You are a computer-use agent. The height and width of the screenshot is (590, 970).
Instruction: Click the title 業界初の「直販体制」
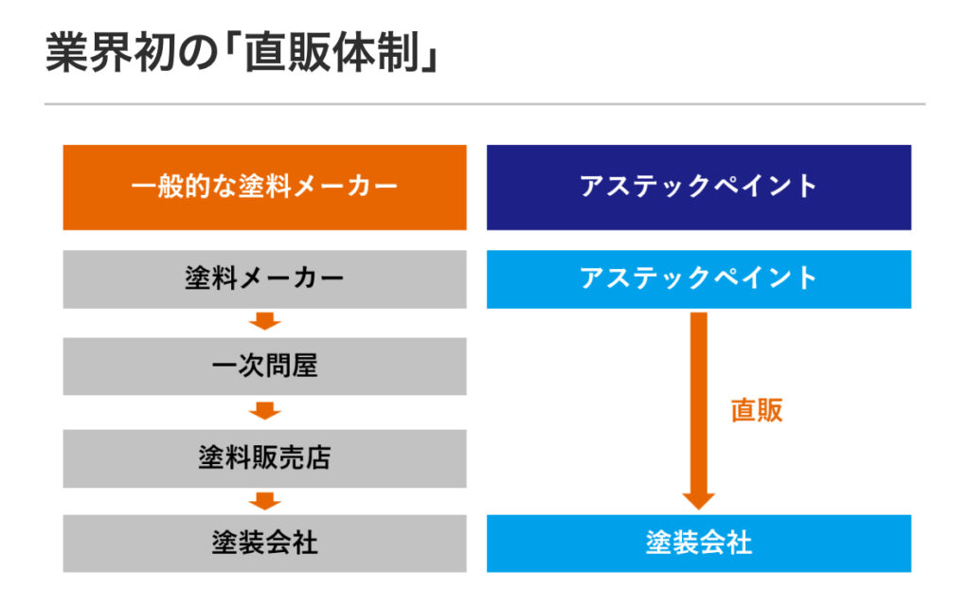pos(242,53)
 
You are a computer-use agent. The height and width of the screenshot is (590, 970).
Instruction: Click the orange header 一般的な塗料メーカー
pos(265,188)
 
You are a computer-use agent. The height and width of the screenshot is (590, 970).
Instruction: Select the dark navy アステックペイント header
pos(698,188)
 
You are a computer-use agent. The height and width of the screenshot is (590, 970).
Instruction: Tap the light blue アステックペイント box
pos(698,279)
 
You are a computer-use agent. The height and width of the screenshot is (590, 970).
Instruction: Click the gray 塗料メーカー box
pos(265,279)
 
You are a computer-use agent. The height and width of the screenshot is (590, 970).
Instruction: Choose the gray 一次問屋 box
pos(265,367)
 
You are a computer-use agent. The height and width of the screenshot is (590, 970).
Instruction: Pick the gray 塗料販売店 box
pos(265,458)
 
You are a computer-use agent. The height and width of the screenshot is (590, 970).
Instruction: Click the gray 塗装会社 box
pos(265,543)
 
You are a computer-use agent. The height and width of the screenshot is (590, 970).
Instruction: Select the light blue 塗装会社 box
pos(698,543)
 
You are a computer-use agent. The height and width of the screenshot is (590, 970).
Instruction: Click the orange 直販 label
pos(757,410)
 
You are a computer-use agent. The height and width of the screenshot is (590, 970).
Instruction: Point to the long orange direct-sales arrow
pos(698,411)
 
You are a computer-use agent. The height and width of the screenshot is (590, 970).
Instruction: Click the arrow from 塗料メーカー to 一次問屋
pos(265,322)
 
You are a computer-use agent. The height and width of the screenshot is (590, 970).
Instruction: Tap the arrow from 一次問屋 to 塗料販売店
pos(265,411)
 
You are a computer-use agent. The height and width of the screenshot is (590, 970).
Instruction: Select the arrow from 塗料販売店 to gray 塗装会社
pos(265,501)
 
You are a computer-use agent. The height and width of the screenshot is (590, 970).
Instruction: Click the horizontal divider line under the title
pos(485,104)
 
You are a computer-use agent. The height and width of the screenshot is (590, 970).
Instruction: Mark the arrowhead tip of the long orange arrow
pos(698,510)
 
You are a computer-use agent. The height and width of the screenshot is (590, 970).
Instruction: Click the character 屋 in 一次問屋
pos(304,366)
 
